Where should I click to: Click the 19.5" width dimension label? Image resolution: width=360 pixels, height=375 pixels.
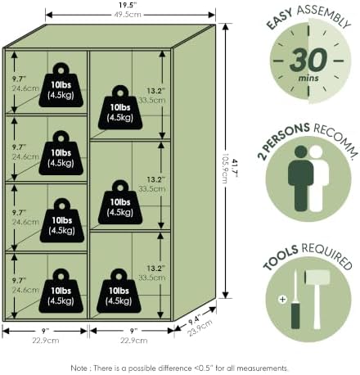pos(128,5)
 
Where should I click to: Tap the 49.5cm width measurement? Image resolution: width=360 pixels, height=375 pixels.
pos(128,15)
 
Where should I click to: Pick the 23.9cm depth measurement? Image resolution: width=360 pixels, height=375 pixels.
pos(200,328)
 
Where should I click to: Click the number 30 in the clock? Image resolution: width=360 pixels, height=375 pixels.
pos(308,60)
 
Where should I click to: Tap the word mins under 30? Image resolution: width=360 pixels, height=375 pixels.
pos(308,78)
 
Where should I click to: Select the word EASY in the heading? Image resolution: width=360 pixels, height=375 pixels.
pos(280,19)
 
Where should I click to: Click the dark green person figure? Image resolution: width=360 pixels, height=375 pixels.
pos(300,178)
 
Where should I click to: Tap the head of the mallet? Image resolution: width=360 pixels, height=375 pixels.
pos(317,277)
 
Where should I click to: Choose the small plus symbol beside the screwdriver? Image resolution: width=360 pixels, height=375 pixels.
pos(282,300)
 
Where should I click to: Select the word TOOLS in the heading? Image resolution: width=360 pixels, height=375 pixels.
pos(281,257)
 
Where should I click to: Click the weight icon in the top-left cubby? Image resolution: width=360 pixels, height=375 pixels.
pos(61,85)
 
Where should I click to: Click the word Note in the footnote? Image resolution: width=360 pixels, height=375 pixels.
pos(79,368)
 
